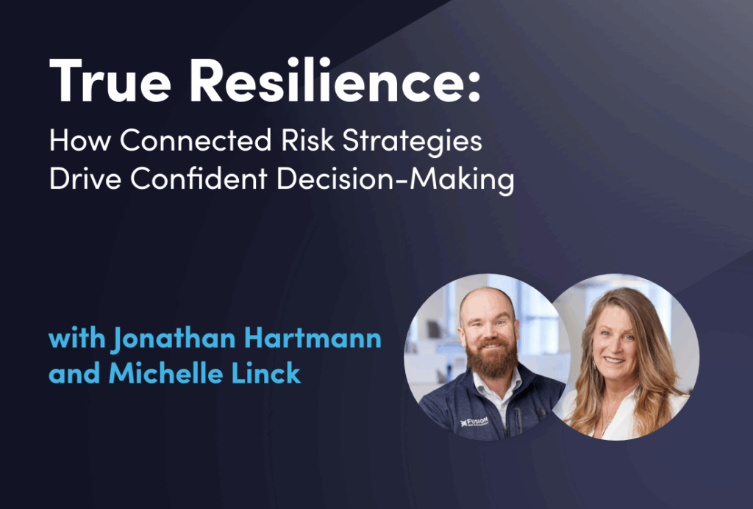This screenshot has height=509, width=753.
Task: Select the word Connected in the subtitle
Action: click(x=198, y=140)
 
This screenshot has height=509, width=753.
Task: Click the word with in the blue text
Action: click(x=76, y=340)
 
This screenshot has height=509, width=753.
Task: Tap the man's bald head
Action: click(x=486, y=300)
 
